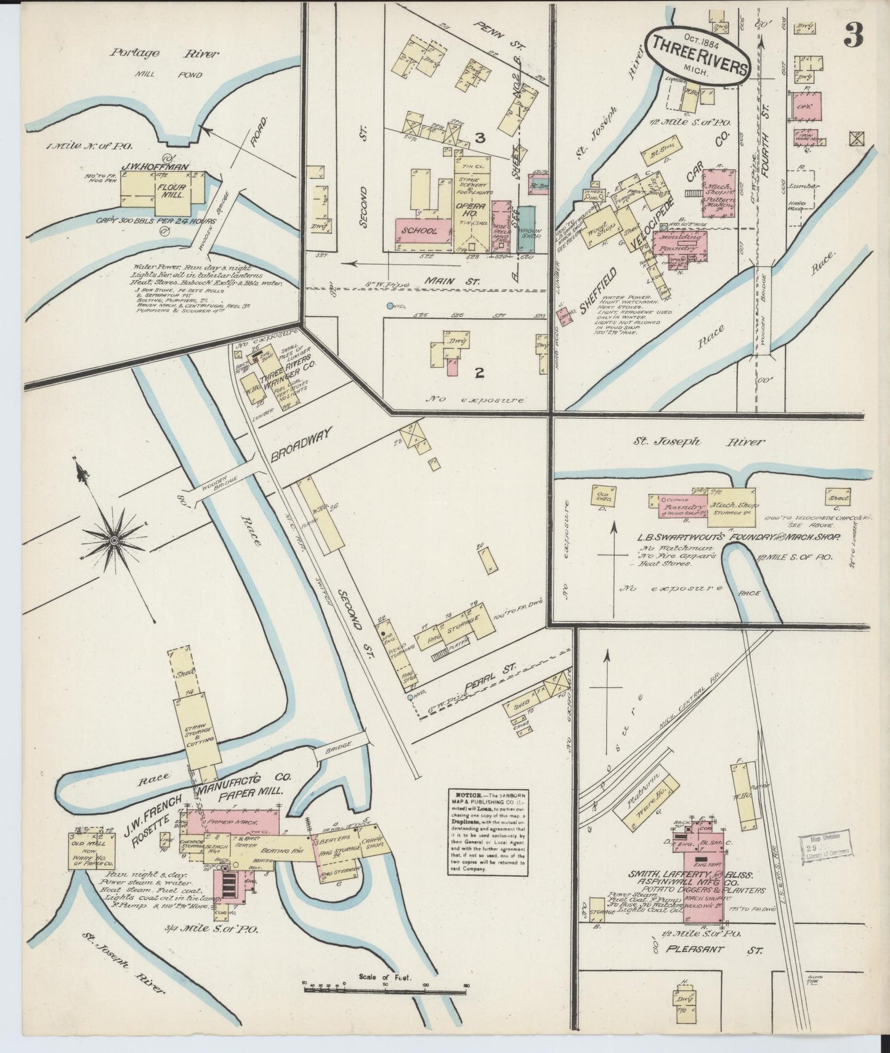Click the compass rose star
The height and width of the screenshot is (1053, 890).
[x=114, y=539]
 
